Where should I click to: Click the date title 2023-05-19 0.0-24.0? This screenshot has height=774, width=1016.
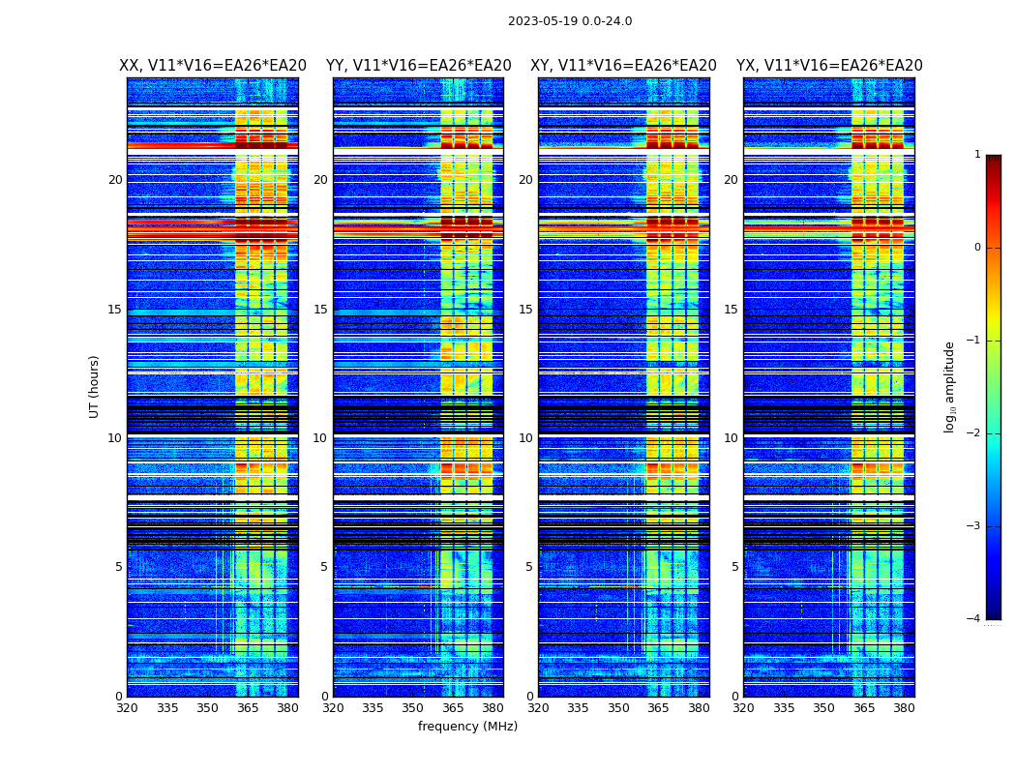click(570, 21)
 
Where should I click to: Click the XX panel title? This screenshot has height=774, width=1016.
click(213, 66)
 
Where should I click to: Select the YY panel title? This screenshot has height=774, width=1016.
click(418, 66)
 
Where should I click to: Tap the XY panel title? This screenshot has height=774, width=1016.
click(623, 66)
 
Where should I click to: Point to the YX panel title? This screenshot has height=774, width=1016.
click(829, 66)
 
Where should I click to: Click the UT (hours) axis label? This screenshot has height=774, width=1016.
click(95, 386)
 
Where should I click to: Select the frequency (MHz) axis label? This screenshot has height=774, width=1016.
click(467, 727)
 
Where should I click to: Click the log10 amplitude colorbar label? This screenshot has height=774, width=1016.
click(950, 386)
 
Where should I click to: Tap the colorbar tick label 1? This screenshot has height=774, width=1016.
click(977, 155)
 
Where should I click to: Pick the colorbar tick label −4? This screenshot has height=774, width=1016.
click(974, 619)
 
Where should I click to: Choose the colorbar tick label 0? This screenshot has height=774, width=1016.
click(977, 248)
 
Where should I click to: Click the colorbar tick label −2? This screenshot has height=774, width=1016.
click(974, 433)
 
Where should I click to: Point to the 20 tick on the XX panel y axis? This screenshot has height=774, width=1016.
click(115, 180)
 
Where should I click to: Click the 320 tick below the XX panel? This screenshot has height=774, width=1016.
click(127, 708)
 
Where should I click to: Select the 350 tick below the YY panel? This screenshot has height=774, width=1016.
click(413, 708)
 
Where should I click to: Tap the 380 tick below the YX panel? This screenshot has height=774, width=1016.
click(904, 708)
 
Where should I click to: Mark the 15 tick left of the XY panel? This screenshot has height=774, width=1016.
click(525, 310)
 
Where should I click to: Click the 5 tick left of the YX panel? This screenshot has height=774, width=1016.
click(735, 567)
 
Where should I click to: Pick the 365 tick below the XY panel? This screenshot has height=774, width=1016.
click(659, 708)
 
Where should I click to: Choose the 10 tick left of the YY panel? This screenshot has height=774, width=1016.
click(320, 438)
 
